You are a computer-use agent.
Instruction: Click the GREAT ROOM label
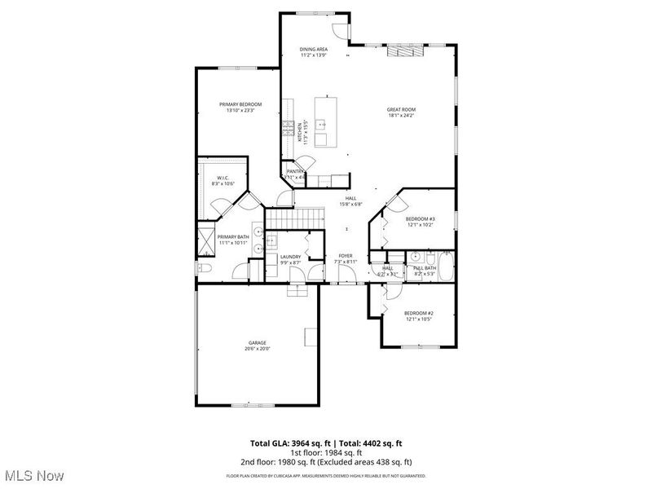pyautogui.click(x=402, y=109)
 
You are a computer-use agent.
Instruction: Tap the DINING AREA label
pyautogui.click(x=314, y=51)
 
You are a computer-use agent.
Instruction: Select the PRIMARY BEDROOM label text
pyautogui.click(x=240, y=104)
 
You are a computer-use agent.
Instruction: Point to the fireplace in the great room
pyautogui.click(x=405, y=51)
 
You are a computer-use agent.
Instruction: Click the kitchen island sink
pyautogui.click(x=321, y=125)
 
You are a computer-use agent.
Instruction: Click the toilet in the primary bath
pyautogui.click(x=204, y=269)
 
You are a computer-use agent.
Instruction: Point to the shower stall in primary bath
pyautogui.click(x=205, y=240)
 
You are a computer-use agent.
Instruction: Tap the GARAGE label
pyautogui.click(x=258, y=343)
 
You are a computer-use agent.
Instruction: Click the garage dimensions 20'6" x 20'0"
pyautogui.click(x=258, y=349)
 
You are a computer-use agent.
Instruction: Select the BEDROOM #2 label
pyautogui.click(x=420, y=313)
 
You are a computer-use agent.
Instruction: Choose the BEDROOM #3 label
pyautogui.click(x=421, y=218)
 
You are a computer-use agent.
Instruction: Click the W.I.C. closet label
pyautogui.click(x=222, y=178)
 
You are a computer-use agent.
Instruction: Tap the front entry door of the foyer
pyautogui.click(x=348, y=284)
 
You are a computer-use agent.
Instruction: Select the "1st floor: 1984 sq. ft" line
pyautogui.click(x=326, y=452)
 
